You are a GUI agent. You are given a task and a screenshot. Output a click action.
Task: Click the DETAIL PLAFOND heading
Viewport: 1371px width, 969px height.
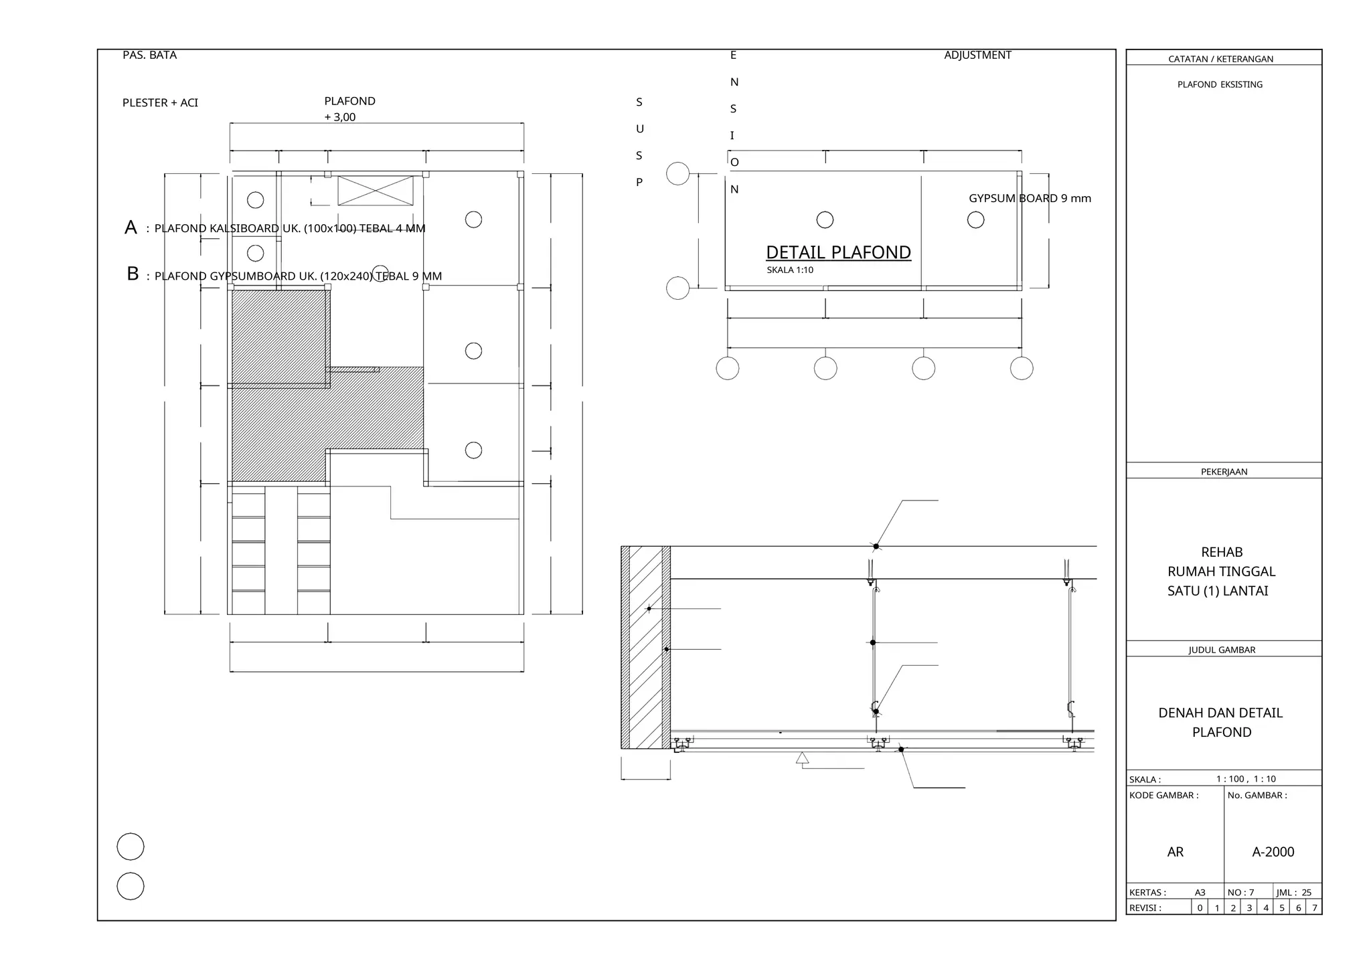pos(838,252)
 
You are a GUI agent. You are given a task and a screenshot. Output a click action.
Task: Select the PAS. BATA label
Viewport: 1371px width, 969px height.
pos(149,55)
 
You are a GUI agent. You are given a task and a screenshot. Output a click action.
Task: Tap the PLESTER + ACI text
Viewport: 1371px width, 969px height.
pos(160,102)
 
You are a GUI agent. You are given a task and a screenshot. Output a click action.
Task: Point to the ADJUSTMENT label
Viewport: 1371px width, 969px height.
pos(977,55)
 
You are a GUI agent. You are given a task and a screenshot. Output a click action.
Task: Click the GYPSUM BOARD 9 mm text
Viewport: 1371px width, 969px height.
pos(1030,198)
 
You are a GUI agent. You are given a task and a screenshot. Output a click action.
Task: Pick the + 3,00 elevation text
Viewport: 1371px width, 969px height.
pos(340,117)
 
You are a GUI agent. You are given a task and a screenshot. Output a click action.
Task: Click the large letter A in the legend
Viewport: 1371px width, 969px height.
pos(131,228)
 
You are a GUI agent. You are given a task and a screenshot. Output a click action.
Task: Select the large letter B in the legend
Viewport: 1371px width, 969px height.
pos(133,274)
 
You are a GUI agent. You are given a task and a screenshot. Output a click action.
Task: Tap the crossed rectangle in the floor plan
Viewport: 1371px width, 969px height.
pos(376,191)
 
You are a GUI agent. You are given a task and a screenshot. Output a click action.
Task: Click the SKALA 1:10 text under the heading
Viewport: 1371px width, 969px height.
pos(790,270)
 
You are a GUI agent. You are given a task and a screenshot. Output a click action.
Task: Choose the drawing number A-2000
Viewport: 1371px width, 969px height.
pos(1273,852)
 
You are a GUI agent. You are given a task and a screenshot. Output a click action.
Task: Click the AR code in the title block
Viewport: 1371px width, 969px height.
pos(1176,852)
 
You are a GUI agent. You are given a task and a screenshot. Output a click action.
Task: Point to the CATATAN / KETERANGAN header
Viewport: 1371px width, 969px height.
pos(1220,59)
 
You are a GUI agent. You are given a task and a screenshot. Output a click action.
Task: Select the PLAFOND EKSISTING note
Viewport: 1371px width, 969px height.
pos(1220,84)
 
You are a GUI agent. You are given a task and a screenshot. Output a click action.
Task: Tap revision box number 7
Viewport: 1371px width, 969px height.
pos(1314,908)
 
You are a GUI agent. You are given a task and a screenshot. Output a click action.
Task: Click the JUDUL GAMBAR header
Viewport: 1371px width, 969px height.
pos(1222,650)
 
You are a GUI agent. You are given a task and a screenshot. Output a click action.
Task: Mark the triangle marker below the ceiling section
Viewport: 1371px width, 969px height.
pos(802,758)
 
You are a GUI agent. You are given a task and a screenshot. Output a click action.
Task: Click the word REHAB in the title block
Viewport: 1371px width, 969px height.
pos(1222,552)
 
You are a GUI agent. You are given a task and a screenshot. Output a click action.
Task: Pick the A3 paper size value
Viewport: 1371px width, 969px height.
pos(1200,893)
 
